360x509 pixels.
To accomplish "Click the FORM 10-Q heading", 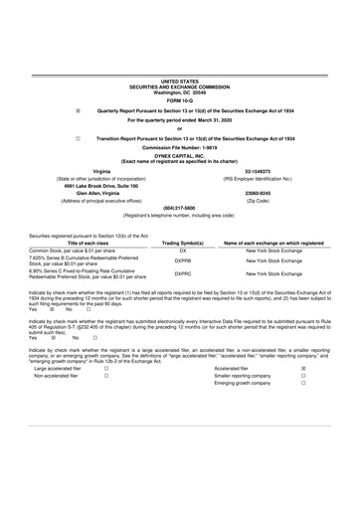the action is [180, 100].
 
